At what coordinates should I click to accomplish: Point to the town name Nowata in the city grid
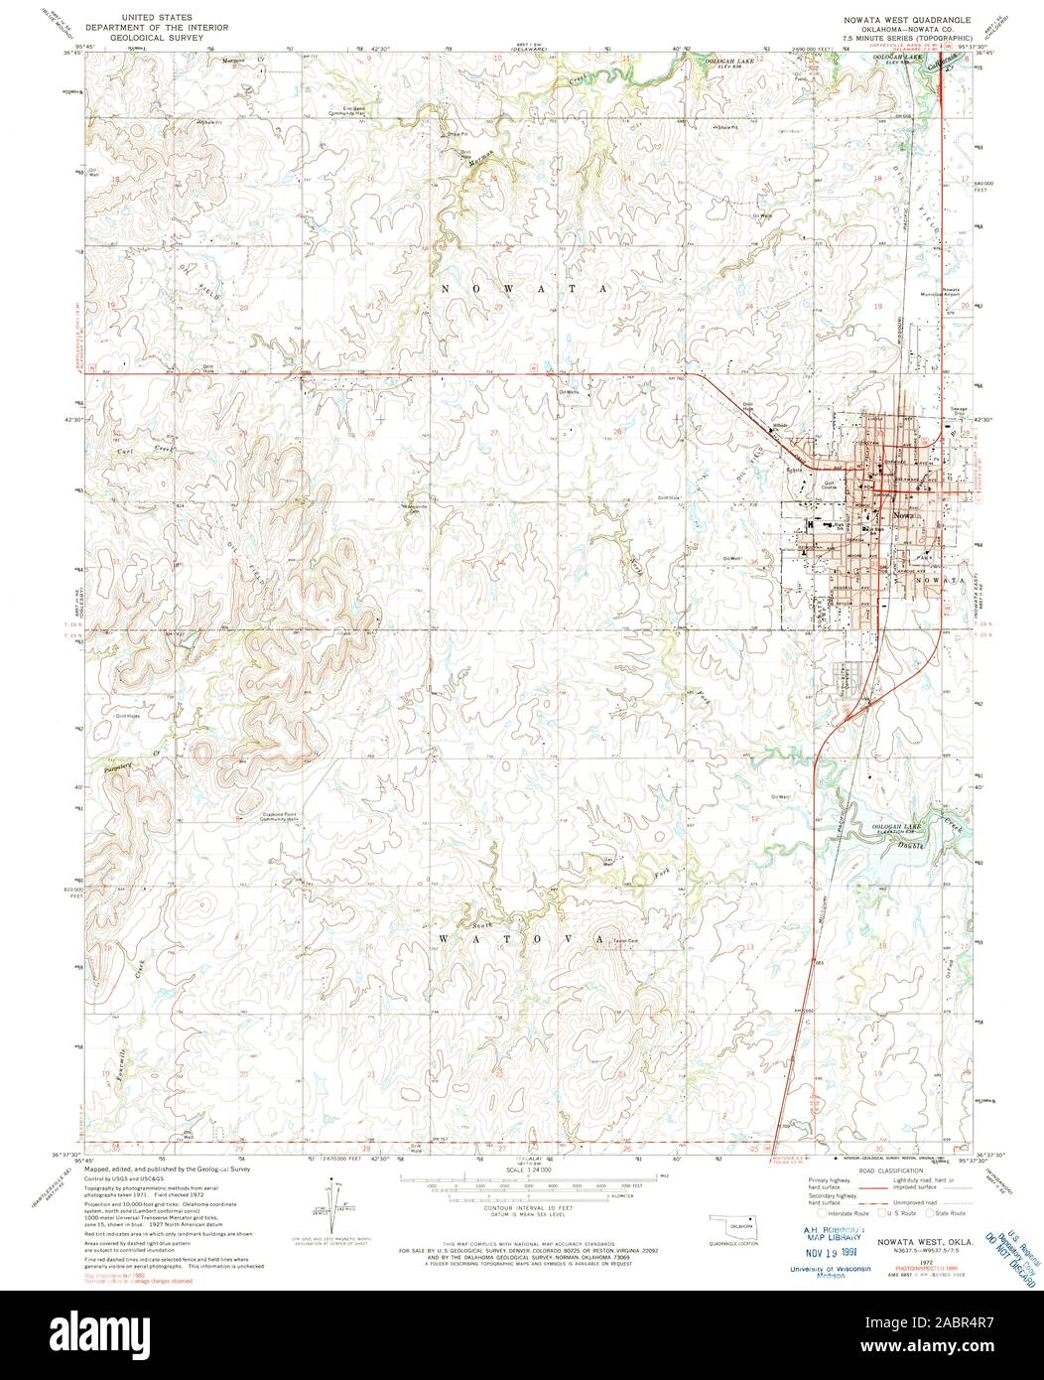coord(905,517)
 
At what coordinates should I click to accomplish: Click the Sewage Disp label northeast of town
coord(962,408)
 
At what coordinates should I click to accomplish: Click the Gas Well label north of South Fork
coord(608,861)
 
